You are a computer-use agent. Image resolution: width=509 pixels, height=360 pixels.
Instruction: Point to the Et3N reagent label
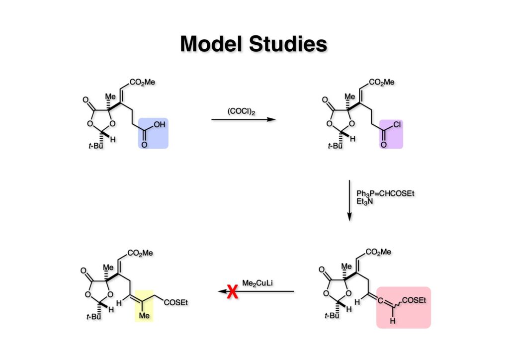pyautogui.click(x=365, y=201)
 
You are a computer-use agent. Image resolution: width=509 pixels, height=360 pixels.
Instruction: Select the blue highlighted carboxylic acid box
pyautogui.click(x=153, y=133)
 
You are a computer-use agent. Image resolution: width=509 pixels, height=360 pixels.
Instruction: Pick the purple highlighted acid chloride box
pyautogui.click(x=391, y=133)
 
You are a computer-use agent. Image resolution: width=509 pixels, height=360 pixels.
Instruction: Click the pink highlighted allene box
pyautogui.click(x=403, y=307)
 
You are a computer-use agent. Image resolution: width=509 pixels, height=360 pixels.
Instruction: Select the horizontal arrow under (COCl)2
pyautogui.click(x=243, y=119)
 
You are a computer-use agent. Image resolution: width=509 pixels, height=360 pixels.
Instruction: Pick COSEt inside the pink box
pyautogui.click(x=414, y=299)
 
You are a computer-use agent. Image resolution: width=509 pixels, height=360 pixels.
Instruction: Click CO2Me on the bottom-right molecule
pyautogui.click(x=378, y=252)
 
